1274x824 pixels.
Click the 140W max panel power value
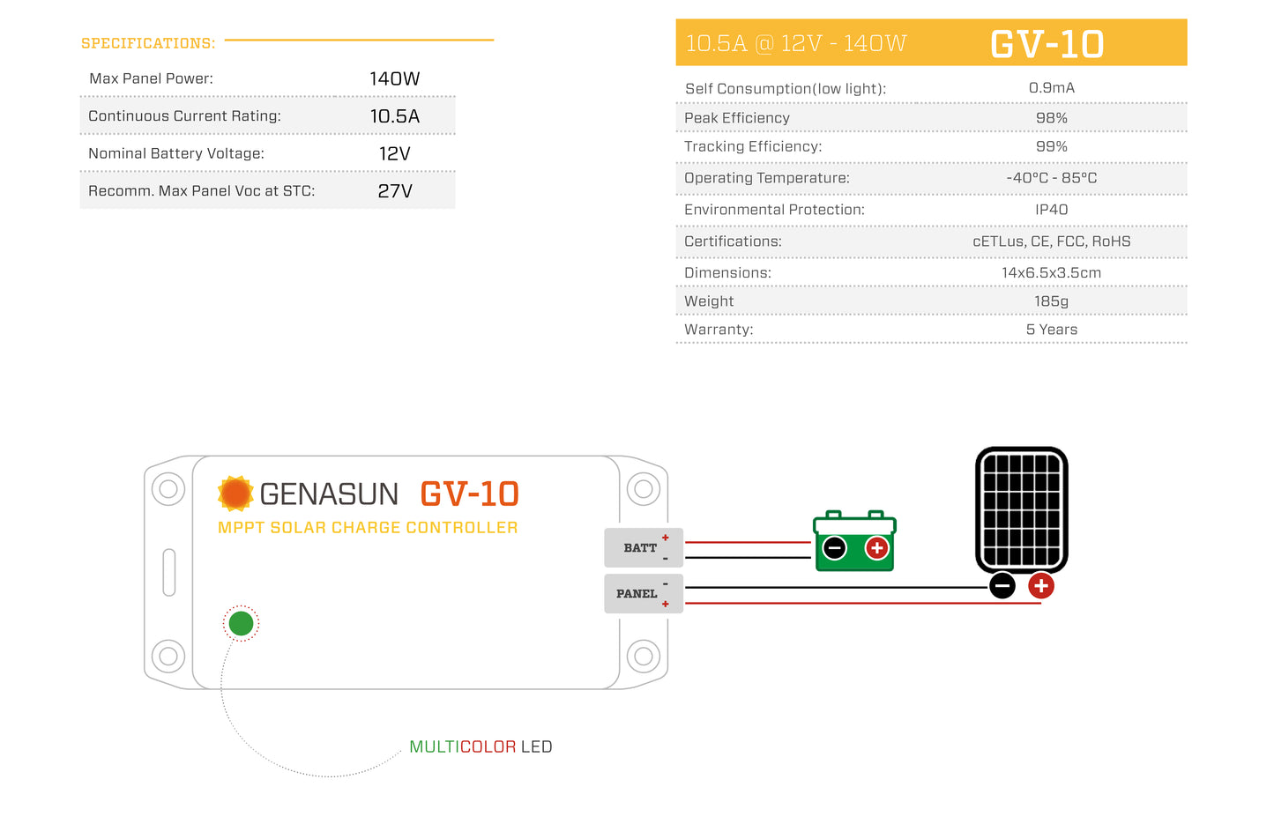(394, 79)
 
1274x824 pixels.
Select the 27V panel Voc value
(394, 191)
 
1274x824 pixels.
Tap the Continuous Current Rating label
(184, 116)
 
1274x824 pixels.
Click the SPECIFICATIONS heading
(148, 43)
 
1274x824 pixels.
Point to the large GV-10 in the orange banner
(1047, 44)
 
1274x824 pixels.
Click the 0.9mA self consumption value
(1051, 88)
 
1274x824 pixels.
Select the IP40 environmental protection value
(1051, 210)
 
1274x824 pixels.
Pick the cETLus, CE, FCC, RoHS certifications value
(1051, 241)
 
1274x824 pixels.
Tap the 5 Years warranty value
(1051, 330)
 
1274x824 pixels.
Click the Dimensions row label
(727, 273)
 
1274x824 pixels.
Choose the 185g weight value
(1051, 301)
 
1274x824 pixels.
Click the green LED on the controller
(241, 624)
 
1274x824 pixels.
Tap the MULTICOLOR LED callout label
(481, 746)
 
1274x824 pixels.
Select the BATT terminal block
(643, 548)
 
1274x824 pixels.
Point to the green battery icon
(854, 541)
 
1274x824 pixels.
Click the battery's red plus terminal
(876, 548)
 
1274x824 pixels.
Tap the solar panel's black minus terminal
(1002, 586)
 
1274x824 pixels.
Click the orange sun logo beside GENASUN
(235, 494)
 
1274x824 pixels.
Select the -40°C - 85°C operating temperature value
(1051, 178)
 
